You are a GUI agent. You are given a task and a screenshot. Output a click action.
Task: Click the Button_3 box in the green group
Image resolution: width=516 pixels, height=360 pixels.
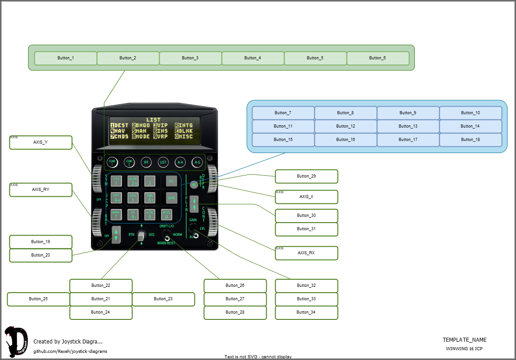[190, 58]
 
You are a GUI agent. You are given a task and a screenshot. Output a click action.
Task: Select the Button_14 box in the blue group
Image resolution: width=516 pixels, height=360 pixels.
[471, 126]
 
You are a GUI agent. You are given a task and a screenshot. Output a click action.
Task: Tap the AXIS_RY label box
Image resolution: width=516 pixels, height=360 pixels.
[41, 190]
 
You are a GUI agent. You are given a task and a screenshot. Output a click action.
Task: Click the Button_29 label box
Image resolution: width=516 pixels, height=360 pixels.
[306, 176]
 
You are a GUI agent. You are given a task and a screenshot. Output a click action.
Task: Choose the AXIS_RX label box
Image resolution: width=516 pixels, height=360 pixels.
[306, 253]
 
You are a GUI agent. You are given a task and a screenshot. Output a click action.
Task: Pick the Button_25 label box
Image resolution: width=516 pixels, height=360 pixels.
[38, 299]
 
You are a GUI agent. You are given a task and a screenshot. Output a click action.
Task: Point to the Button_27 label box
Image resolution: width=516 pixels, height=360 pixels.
[235, 299]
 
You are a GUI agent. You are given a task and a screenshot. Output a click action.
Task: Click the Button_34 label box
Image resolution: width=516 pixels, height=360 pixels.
[306, 312]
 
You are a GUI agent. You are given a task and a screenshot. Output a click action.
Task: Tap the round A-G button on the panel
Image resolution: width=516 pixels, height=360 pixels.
[197, 162]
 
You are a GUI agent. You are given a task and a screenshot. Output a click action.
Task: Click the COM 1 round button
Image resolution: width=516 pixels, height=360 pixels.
[112, 162]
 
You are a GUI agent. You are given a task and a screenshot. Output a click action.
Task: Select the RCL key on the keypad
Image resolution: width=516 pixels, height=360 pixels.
[170, 181]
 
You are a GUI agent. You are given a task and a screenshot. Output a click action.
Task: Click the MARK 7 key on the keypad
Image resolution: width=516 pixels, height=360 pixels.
[116, 215]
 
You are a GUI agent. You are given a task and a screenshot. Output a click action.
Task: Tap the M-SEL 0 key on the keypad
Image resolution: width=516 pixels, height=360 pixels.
[166, 215]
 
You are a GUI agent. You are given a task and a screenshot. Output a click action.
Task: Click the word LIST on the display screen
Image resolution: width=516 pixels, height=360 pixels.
[153, 120]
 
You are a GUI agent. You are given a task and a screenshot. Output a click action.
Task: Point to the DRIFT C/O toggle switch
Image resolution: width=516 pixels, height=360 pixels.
[167, 236]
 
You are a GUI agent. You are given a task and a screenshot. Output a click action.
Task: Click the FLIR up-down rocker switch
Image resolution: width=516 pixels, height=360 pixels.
[194, 204]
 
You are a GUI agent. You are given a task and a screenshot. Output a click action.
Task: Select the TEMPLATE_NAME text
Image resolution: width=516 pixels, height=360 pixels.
[464, 340]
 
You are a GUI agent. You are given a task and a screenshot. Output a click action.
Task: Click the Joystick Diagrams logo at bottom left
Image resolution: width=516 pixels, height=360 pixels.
[16, 342]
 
